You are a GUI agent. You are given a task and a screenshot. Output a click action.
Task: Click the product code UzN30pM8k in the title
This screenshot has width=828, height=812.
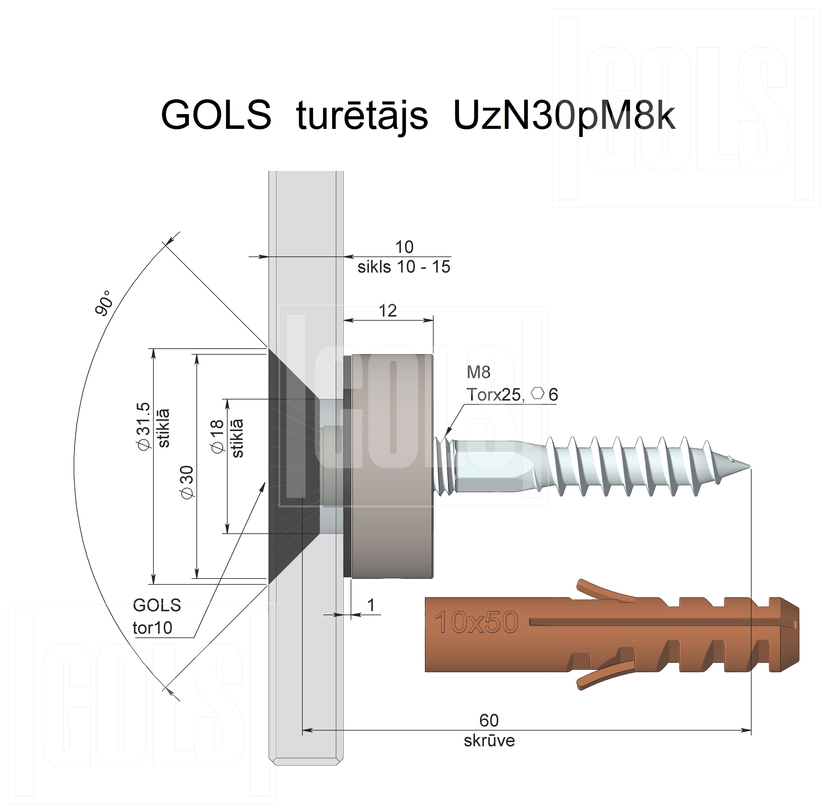564,116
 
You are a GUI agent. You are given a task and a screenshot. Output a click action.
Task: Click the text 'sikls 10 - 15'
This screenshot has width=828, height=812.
404,267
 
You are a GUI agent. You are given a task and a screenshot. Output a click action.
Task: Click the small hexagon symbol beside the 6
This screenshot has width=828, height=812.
538,393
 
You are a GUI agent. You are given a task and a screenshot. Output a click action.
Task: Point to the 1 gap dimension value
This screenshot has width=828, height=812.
371,605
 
